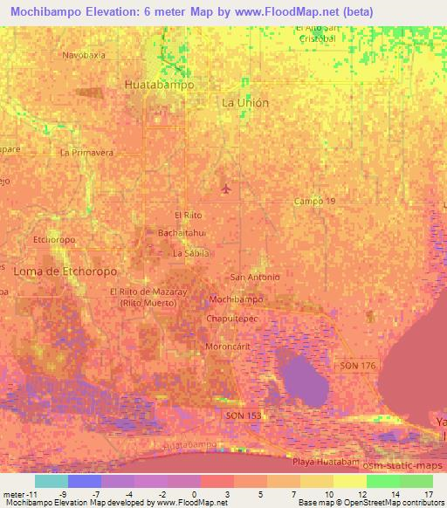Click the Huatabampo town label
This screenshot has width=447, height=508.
tap(159, 86)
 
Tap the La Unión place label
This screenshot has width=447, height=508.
tap(245, 102)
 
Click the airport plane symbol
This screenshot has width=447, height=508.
tap(227, 187)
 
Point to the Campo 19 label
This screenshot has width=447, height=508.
tap(314, 202)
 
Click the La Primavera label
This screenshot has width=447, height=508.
tap(87, 152)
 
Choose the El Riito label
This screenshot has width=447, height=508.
tap(189, 215)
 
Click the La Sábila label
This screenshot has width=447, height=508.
tap(191, 253)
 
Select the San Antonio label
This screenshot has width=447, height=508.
tap(255, 278)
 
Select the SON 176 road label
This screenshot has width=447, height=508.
tap(358, 365)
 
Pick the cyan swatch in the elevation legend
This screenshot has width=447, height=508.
tap(52, 481)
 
